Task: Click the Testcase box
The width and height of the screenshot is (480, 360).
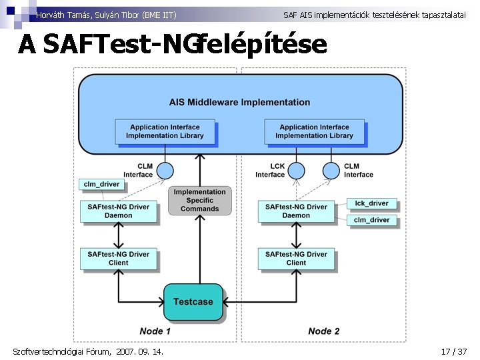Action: [x=193, y=302]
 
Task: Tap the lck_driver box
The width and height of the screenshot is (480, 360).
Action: [x=371, y=203]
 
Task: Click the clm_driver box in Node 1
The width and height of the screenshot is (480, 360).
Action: [x=101, y=184]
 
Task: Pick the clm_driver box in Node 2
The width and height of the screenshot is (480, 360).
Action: [x=371, y=220]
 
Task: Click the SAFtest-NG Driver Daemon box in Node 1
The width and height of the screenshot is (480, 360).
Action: [x=118, y=211]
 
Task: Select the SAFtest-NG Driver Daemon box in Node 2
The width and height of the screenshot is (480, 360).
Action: [x=296, y=211]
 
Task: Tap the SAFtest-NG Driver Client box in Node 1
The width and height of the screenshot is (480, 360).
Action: [x=118, y=259]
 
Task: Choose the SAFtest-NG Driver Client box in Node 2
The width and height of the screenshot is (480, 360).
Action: [x=296, y=259]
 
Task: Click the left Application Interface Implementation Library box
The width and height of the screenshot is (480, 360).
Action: [x=165, y=131]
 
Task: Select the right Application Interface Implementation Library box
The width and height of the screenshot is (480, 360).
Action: [x=314, y=131]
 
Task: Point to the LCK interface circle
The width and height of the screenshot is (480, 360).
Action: [x=295, y=171]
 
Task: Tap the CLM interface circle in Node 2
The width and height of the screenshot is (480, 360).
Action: [x=331, y=171]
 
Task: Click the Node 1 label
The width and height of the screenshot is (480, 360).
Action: [x=155, y=331]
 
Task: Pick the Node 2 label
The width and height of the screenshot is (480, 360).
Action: [x=324, y=331]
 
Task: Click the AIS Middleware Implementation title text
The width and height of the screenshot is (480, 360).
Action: [x=239, y=103]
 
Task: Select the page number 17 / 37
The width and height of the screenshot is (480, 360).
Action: [x=454, y=351]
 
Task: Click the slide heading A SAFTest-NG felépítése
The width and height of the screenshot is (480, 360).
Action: [x=173, y=45]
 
